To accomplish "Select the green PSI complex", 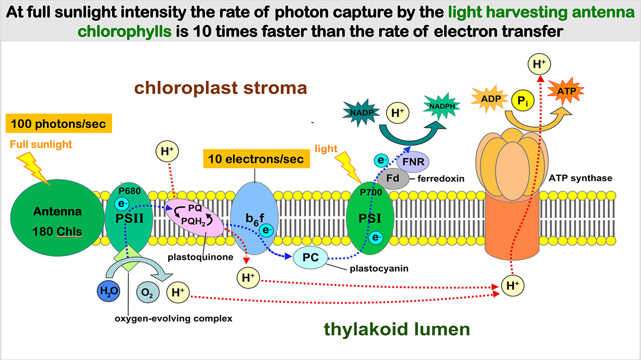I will [371, 219].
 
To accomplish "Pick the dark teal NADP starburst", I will [359, 112].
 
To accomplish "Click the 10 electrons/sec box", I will [256, 159].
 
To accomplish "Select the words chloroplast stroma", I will [221, 87].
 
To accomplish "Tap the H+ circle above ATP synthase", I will [538, 65].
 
